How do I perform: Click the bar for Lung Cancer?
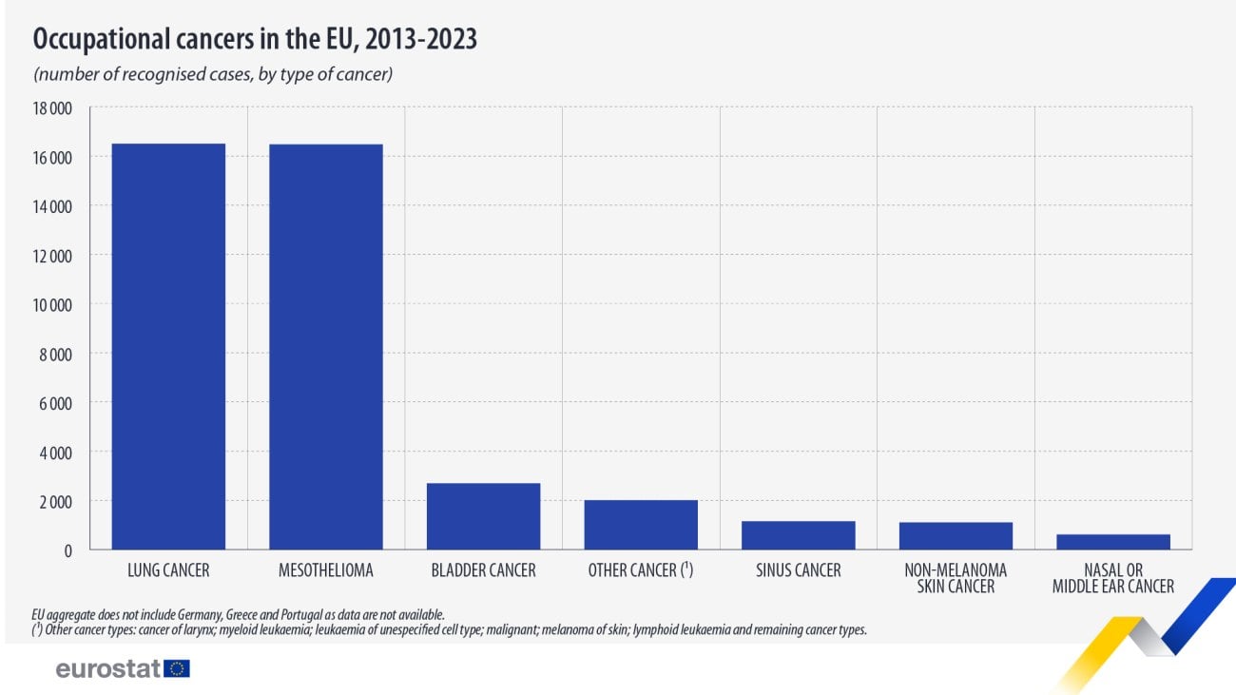[168, 346]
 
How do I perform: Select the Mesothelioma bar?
[326, 346]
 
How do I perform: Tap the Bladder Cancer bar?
[483, 516]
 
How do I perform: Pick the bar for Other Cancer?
[641, 525]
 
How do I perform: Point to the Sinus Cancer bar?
[798, 535]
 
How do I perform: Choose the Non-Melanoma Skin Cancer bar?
[956, 536]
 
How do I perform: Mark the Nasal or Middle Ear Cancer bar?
[1113, 542]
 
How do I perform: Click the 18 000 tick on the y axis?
[53, 107]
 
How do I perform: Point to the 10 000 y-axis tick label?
[53, 305]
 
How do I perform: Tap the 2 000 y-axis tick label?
[56, 501]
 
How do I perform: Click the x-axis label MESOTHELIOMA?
[326, 571]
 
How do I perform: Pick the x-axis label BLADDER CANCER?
[483, 571]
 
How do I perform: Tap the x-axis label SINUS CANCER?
[798, 571]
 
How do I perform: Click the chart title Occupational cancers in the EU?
[255, 39]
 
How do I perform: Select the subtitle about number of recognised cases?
[213, 74]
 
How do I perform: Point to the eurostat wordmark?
[108, 669]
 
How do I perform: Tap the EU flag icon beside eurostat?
[177, 668]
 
